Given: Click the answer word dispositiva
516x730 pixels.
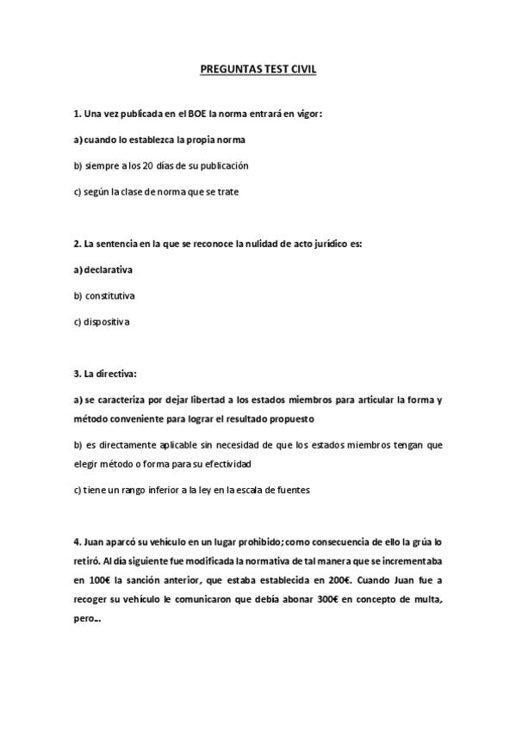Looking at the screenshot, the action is point(107,322).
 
